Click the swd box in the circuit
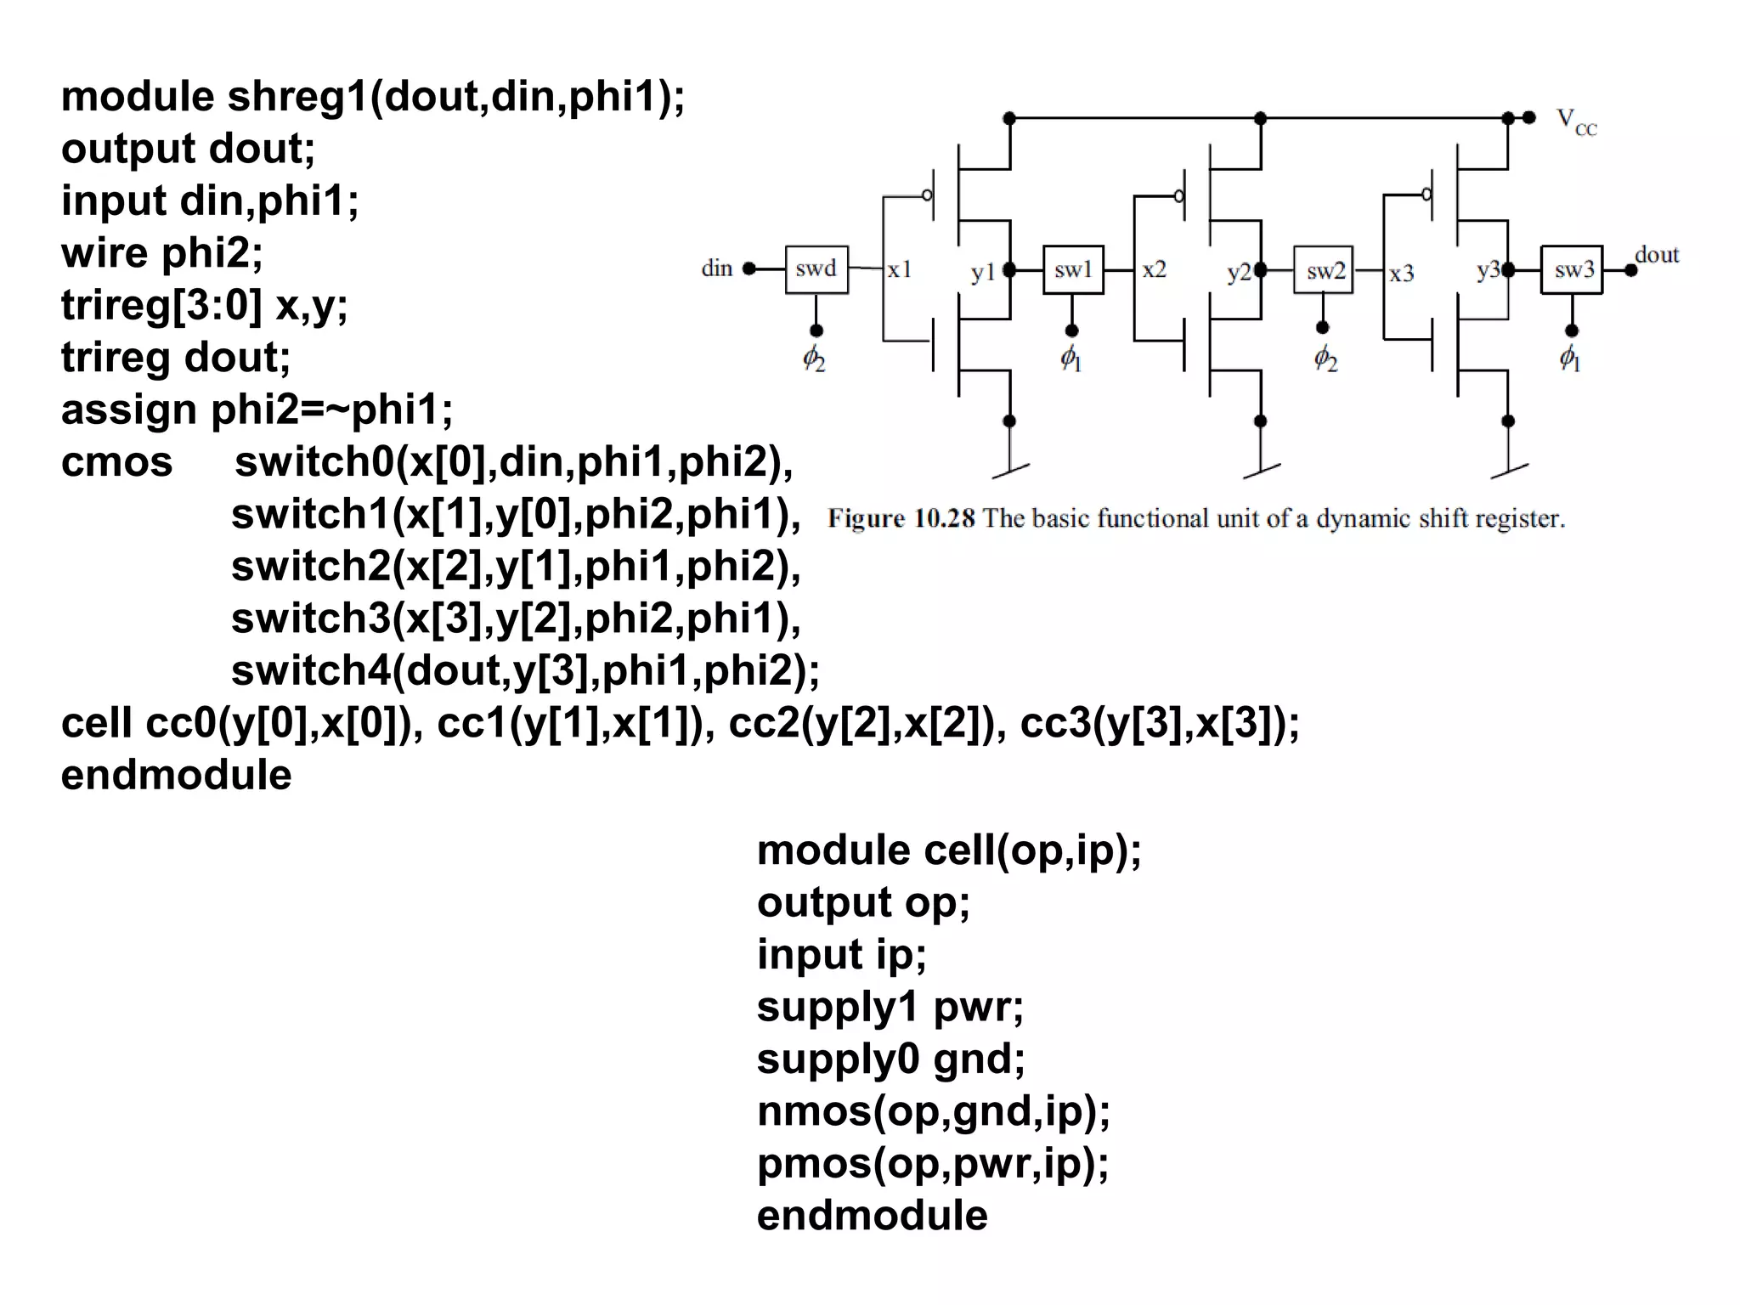pos(816,269)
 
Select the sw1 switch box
pos(1073,270)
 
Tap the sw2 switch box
pos(1324,270)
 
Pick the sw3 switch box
pos(1572,270)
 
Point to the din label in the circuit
pos(716,268)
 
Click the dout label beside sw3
pos(1657,254)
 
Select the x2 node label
pos(1154,270)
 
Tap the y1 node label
pos(983,272)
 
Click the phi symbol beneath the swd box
pos(814,358)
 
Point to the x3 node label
pos(1402,274)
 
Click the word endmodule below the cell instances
pos(176,775)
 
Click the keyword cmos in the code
pos(116,462)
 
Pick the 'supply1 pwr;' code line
pos(890,1007)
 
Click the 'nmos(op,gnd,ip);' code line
pos(933,1111)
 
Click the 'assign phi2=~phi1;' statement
pos(257,410)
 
